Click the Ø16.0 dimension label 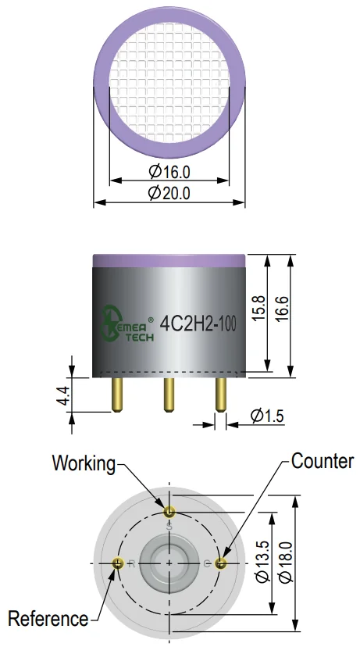click(169, 171)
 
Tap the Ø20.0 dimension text click(169, 193)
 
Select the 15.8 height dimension click(258, 308)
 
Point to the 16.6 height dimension click(282, 308)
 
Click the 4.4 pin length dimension click(64, 395)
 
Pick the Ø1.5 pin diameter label click(267, 416)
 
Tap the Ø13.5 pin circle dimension click(262, 561)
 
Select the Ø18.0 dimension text click(287, 562)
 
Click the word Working click(84, 463)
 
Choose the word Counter click(323, 461)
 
